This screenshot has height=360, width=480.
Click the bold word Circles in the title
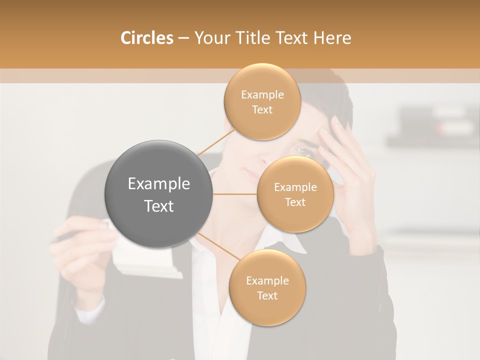147,38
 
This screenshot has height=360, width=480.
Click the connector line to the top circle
216,141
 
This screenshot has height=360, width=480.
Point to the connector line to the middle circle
234,193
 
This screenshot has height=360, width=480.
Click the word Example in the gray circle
159,184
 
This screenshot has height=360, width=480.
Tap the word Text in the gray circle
159,206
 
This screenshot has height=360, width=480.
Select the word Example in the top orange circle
262,95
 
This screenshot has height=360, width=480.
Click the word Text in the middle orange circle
295,202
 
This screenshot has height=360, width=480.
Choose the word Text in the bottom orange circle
267,295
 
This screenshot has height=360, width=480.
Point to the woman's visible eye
303,151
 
